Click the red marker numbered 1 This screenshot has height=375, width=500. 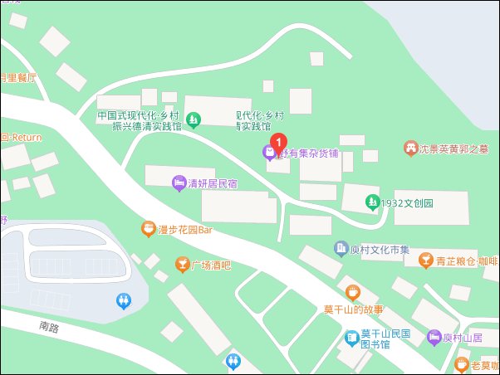point(280,140)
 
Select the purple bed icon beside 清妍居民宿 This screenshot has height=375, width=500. point(178,183)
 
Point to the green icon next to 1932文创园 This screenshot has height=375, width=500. point(372,202)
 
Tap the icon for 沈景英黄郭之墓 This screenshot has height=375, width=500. point(410,148)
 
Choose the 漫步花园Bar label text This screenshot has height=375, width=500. point(185,230)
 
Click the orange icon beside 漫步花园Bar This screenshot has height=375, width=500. point(147,228)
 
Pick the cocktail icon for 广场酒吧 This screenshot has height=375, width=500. point(181,265)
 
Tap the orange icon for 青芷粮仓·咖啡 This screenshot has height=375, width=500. point(425,261)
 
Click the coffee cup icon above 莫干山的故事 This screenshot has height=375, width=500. point(353,292)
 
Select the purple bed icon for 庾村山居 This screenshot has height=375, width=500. point(433,337)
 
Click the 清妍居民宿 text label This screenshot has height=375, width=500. point(213,183)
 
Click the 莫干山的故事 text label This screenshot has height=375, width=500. point(353,309)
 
